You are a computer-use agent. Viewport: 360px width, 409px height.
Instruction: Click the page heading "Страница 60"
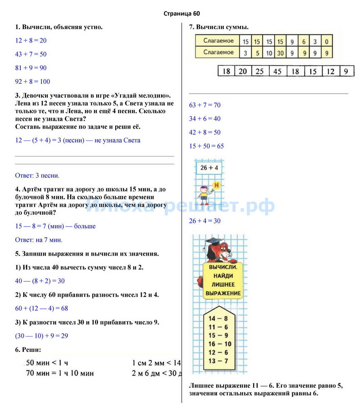(182, 14)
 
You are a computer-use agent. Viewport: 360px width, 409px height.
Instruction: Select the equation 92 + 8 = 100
(33, 82)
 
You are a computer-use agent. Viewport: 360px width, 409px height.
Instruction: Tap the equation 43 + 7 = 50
(31, 54)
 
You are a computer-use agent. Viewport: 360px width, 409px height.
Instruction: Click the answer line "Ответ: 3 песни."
(37, 176)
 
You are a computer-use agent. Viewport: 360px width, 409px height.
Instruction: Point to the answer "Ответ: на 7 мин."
(39, 240)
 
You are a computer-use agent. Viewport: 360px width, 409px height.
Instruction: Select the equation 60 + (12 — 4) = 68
(42, 308)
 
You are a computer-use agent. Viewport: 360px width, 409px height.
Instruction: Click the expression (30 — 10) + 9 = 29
(42, 336)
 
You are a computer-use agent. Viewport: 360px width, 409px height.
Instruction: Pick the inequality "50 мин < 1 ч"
(47, 363)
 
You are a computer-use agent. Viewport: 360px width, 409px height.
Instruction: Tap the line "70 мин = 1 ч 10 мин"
(60, 373)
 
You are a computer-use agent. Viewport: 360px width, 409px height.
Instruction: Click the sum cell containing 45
(277, 71)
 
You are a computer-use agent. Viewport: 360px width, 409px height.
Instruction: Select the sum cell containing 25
(260, 71)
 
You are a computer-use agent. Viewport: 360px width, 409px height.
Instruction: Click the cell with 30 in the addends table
(280, 53)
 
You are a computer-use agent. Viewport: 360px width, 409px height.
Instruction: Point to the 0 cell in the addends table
(327, 42)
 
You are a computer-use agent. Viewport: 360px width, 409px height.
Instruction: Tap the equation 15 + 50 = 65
(206, 146)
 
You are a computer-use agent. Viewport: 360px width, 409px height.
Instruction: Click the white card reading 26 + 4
(209, 168)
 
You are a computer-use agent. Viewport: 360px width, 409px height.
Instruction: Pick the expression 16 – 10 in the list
(220, 344)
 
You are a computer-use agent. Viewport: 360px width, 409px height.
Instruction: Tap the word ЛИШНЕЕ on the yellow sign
(223, 285)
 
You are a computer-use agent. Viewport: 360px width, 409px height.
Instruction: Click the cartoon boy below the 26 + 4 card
(204, 195)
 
